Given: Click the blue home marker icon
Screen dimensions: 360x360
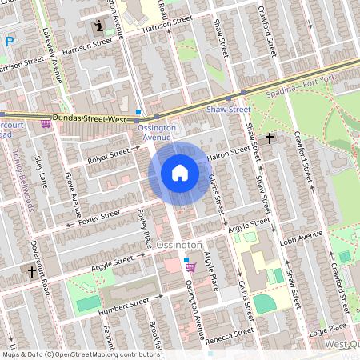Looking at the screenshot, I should (179, 172).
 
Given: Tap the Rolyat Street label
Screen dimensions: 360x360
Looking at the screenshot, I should (107, 153).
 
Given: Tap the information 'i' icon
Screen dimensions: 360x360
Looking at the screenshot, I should (99, 26).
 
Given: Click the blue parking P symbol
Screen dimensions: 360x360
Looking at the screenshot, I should (9, 42).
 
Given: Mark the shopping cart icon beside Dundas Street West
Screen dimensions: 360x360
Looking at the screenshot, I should (46, 124).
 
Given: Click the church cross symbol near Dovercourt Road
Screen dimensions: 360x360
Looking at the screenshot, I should (32, 273).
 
